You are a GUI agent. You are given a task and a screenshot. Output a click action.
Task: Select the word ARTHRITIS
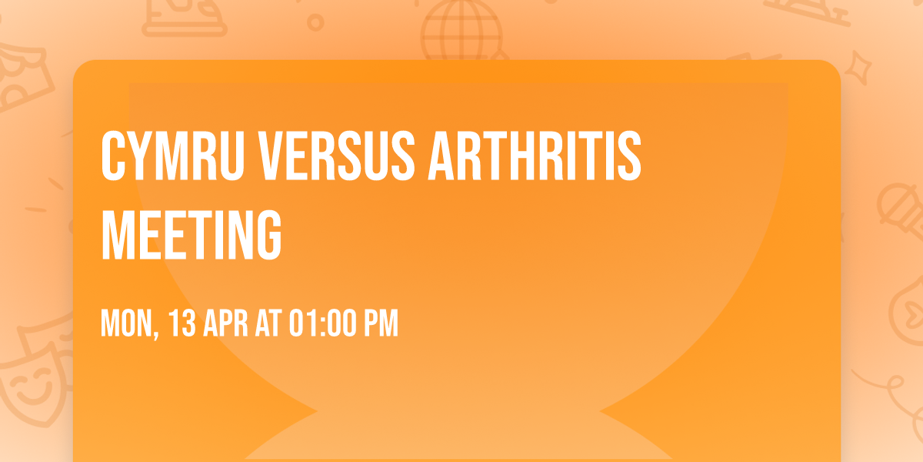[x=533, y=156]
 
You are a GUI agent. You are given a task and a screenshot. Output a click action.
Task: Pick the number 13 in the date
[x=181, y=324]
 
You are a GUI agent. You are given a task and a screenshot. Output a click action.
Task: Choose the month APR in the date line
[x=226, y=324]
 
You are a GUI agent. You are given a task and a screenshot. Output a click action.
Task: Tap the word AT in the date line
[x=268, y=324]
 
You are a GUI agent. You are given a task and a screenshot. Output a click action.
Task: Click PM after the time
[x=381, y=324]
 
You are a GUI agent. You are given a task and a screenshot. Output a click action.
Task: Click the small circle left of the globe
[x=315, y=22]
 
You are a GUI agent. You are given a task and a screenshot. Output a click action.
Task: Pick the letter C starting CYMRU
[x=113, y=156]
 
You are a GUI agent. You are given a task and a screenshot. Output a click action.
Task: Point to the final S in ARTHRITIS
[x=629, y=156]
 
